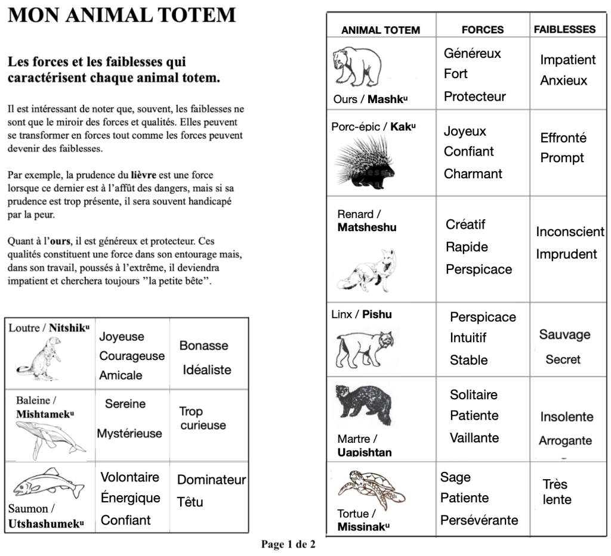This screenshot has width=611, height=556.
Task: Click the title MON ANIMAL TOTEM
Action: coord(122,15)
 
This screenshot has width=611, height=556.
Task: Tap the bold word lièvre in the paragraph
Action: coord(143,175)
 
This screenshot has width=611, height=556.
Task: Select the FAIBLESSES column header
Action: coord(564,29)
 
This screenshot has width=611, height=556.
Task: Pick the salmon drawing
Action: coord(48,482)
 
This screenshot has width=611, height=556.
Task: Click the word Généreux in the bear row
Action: coord(472,53)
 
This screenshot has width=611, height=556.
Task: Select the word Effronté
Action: coord(563,138)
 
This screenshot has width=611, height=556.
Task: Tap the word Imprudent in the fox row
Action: coord(566,254)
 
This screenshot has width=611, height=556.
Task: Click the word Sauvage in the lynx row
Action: coord(564,334)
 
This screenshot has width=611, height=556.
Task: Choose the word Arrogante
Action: coord(565,441)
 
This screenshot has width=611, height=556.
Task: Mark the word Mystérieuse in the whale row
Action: coord(129,433)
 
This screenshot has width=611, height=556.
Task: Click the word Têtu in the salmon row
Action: coord(190,502)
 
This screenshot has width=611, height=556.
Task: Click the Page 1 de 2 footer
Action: coord(288,544)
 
